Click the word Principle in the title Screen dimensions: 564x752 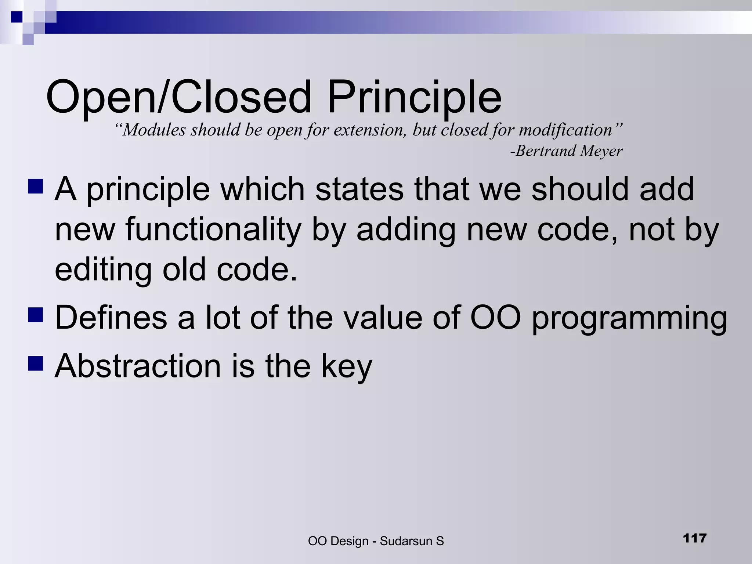click(414, 97)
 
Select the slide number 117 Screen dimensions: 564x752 click(695, 538)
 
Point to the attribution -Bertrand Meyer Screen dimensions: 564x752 click(566, 151)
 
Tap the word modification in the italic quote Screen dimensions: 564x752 click(565, 130)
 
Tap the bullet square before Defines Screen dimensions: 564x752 click(36, 315)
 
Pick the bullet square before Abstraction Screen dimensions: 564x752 click(36, 364)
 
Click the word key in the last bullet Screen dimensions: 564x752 click(347, 367)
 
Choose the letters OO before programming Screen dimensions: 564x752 click(495, 317)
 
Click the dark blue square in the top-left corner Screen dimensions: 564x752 click(17, 17)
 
